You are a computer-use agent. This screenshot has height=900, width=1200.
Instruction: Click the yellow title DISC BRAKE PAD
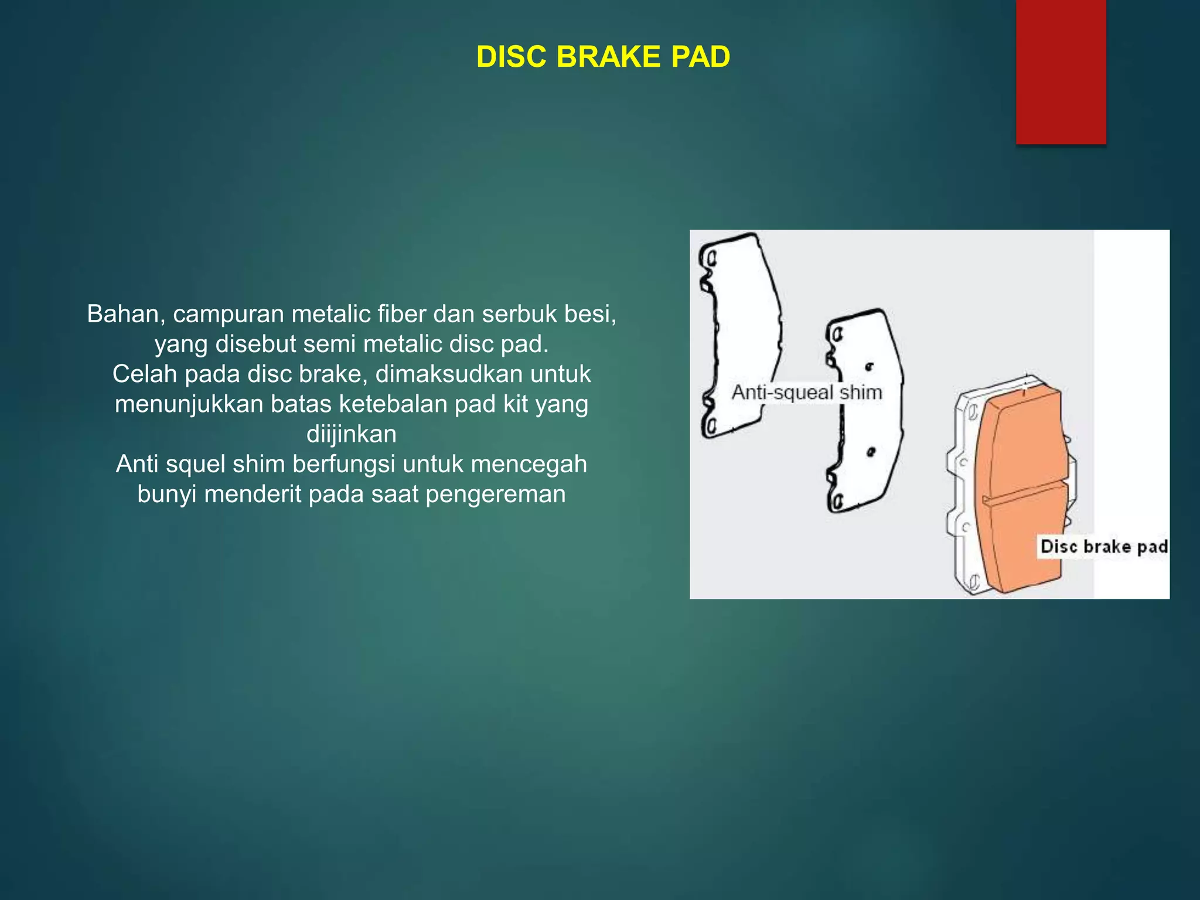[603, 57]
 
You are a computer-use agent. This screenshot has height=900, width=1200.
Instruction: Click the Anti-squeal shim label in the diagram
[807, 392]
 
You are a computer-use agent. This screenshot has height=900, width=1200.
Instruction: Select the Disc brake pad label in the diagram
[1103, 547]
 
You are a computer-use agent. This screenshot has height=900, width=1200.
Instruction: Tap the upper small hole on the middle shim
[870, 367]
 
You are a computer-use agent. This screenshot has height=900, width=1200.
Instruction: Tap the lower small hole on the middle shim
[871, 452]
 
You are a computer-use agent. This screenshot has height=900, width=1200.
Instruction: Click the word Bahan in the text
[121, 314]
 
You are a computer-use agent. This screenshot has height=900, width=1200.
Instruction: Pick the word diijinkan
[352, 434]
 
